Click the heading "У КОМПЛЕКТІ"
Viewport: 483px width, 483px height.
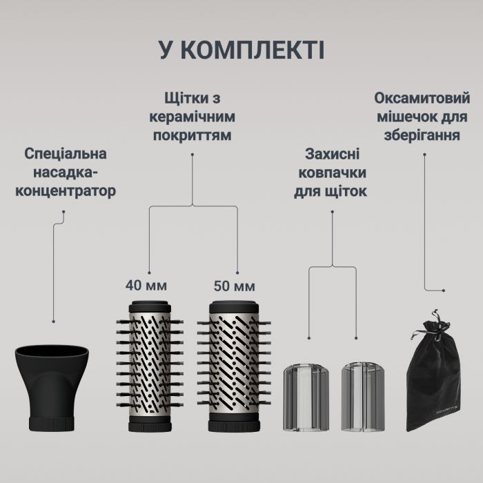(241, 51)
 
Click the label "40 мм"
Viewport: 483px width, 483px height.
(146, 284)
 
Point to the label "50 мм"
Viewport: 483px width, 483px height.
(234, 285)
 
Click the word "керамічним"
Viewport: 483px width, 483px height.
(193, 117)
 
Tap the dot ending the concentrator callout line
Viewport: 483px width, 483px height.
(55, 321)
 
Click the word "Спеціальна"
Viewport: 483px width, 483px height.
(66, 153)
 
